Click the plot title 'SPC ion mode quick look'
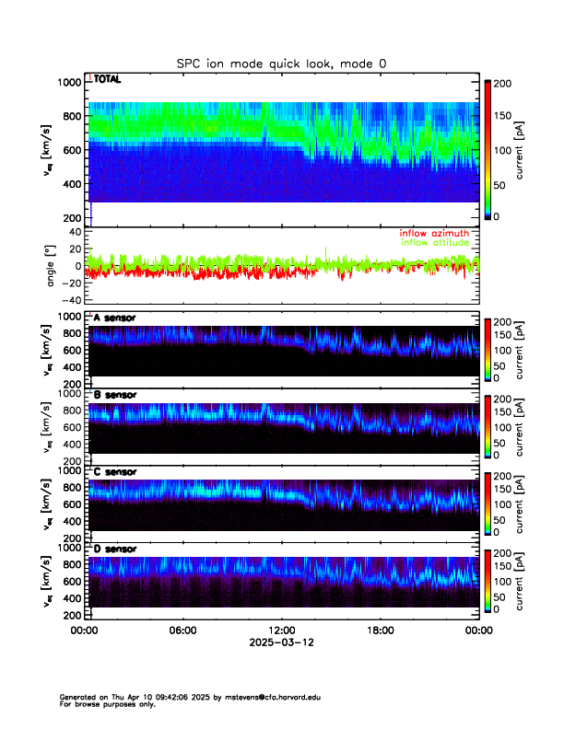[281, 64]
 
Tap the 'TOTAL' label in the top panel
[109, 81]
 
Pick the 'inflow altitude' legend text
[434, 242]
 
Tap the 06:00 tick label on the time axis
[182, 631]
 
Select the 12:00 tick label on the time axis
[281, 631]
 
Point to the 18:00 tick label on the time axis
[380, 631]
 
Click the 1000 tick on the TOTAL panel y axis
[68, 83]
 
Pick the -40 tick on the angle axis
[70, 300]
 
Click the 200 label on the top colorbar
[505, 83]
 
